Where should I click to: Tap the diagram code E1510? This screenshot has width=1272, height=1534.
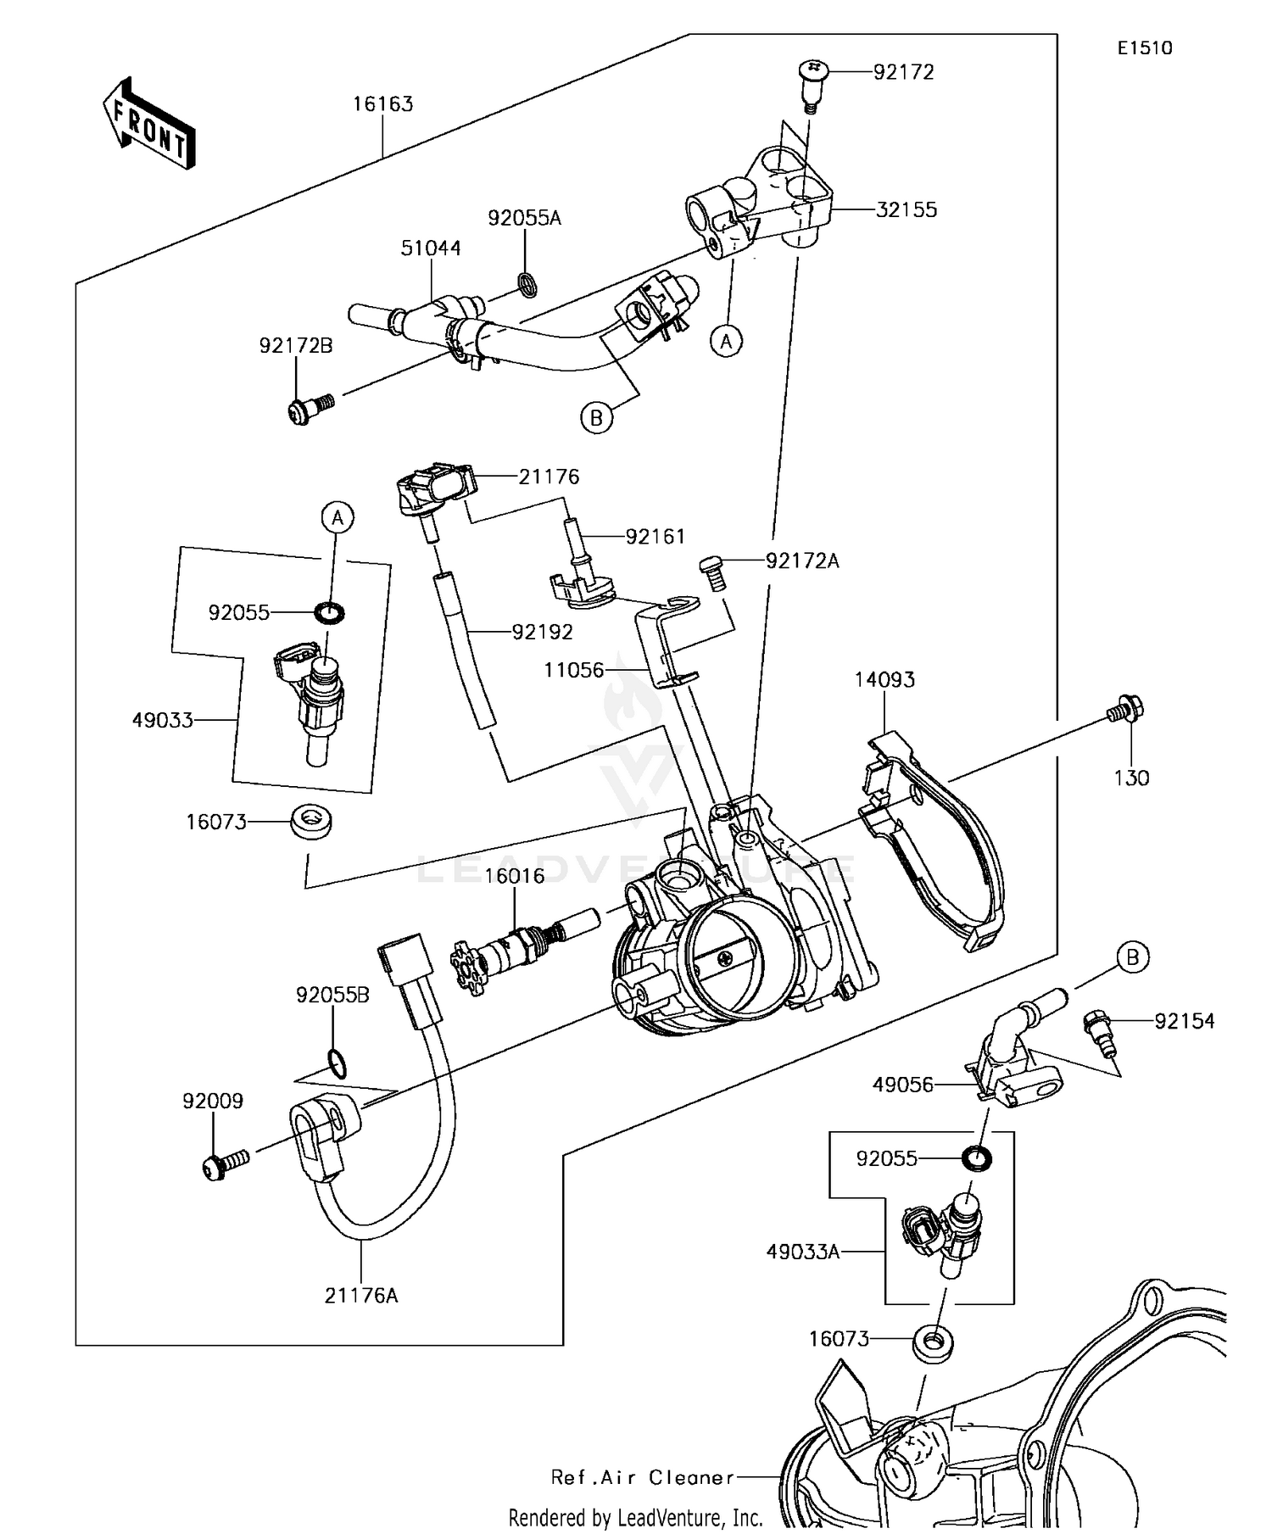click(1144, 48)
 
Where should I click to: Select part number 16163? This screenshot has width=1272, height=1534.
click(382, 104)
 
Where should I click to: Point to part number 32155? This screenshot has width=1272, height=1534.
click(906, 209)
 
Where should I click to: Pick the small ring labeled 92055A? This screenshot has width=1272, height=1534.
click(527, 284)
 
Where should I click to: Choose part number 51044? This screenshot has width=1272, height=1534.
click(431, 248)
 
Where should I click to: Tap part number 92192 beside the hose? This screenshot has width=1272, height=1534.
click(542, 632)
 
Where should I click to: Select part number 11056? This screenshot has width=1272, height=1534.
click(574, 670)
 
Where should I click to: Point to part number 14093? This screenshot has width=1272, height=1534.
click(884, 680)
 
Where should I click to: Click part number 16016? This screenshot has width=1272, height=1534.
click(514, 875)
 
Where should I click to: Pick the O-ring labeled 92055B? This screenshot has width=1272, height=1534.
click(336, 1063)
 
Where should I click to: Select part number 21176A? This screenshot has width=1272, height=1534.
click(360, 1296)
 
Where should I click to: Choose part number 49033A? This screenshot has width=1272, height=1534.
click(802, 1251)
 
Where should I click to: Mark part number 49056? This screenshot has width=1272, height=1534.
click(903, 1085)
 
